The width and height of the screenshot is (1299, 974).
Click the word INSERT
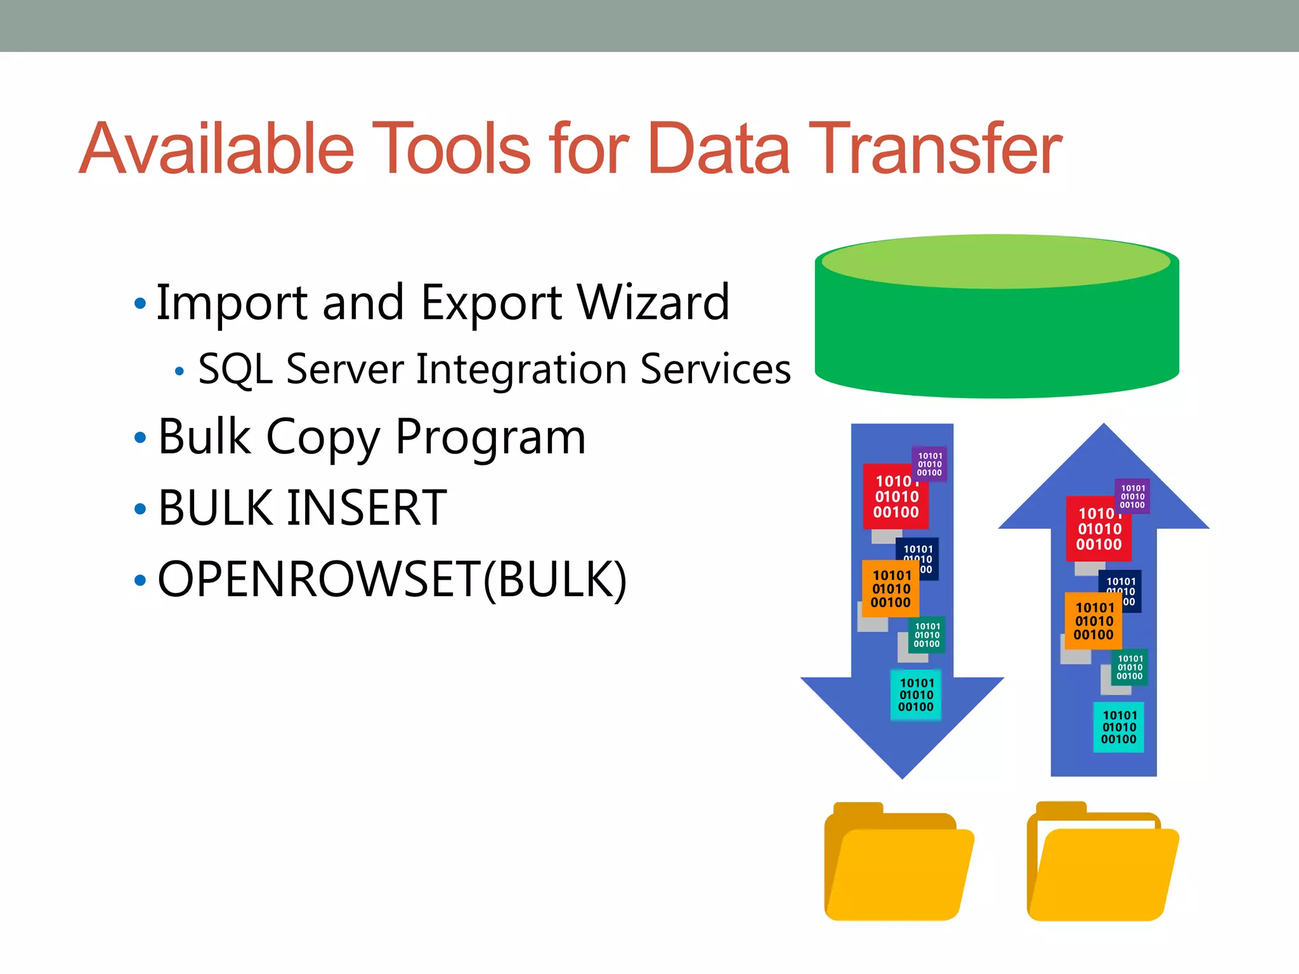point(367,508)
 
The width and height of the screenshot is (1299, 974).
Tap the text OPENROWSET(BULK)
point(392,579)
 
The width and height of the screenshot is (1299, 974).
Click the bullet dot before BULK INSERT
point(140,509)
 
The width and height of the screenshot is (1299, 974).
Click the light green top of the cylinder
point(996,262)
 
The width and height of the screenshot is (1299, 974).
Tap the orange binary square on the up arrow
point(1093,621)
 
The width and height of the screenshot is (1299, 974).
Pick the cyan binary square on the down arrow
point(916,695)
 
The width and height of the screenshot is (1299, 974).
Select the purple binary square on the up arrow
point(1132,497)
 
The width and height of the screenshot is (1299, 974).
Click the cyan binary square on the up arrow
point(1119,727)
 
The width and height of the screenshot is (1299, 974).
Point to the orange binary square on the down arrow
point(891,589)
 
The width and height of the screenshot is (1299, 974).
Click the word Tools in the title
point(451,148)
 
